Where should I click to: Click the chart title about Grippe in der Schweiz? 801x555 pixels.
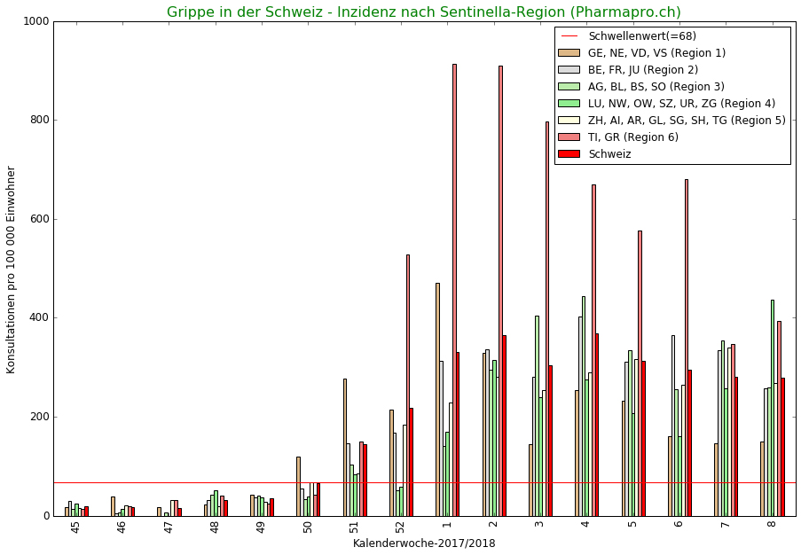click(x=424, y=12)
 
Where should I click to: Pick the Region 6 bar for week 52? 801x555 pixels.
click(x=408, y=381)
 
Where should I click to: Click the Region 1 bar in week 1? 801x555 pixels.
click(x=437, y=399)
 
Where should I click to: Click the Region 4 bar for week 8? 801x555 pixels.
click(x=772, y=408)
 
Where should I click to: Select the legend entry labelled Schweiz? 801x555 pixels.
click(x=609, y=154)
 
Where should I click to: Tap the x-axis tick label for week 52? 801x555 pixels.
click(x=400, y=528)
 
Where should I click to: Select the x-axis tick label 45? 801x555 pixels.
click(x=75, y=528)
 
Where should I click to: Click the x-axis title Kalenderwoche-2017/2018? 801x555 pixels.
click(x=424, y=543)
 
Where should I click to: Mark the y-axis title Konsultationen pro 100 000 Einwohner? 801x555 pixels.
click(x=12, y=270)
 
